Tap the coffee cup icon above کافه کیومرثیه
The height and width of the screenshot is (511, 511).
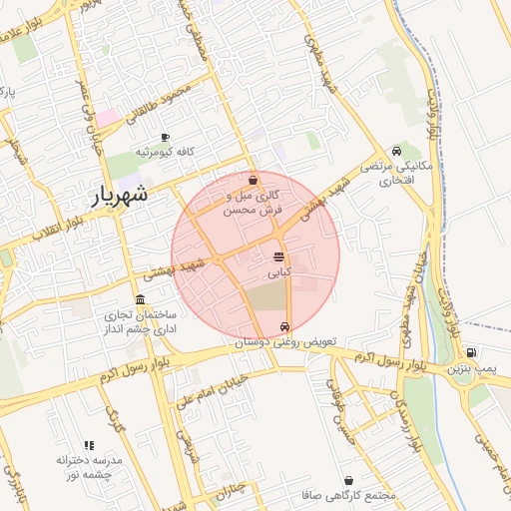[x=165, y=137]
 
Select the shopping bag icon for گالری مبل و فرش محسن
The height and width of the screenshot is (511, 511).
[x=253, y=180]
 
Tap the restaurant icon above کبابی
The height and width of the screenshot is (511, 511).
[x=277, y=256]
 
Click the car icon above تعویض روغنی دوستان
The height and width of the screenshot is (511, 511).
[x=286, y=326]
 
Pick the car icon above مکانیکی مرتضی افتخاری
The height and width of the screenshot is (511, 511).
[x=397, y=151]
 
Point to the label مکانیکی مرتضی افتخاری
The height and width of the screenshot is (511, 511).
[x=396, y=174]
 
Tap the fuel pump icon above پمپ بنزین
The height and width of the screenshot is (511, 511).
[x=470, y=352]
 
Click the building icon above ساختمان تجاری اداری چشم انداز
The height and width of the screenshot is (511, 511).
[x=139, y=300]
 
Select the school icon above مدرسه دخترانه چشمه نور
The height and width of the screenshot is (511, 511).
[x=89, y=445]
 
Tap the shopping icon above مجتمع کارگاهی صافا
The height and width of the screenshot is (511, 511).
[x=348, y=480]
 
